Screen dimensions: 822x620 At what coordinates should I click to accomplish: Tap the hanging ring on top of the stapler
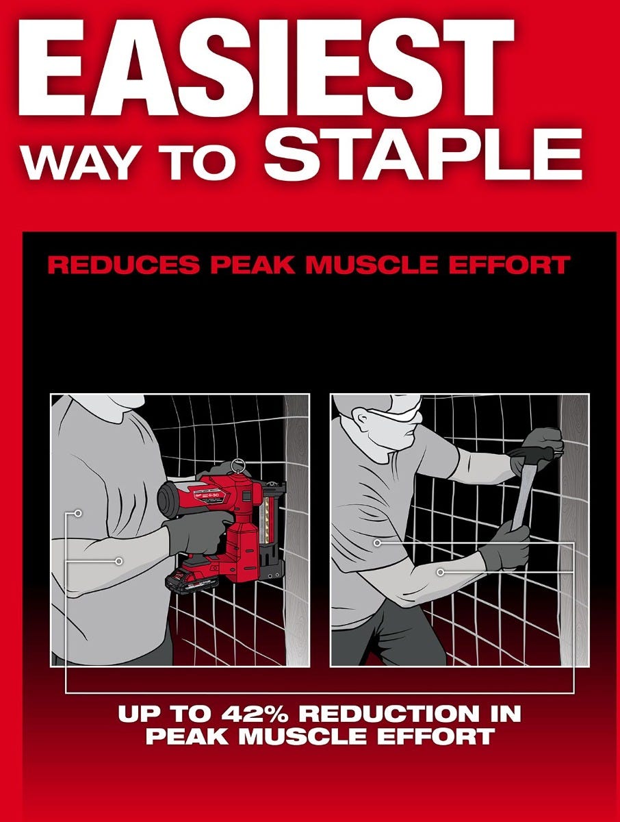pyautogui.click(x=238, y=466)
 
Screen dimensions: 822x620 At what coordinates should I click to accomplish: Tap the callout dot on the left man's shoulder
pyautogui.click(x=78, y=512)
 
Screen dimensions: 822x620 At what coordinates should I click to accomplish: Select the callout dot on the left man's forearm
pyautogui.click(x=118, y=560)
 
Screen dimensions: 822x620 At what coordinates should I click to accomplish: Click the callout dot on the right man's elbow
pyautogui.click(x=441, y=571)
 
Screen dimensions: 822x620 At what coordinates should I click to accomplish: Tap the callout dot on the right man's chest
pyautogui.click(x=377, y=543)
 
